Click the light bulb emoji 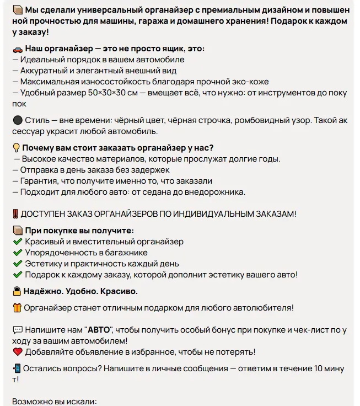(x=17, y=148)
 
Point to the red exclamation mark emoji (x=16, y=214)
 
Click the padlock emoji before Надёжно (x=17, y=291)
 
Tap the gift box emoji (x=17, y=308)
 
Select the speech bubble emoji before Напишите (x=17, y=330)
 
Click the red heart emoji (x=17, y=352)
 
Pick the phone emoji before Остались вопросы (x=17, y=368)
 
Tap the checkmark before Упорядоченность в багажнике (x=17, y=253)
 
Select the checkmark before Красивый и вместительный (x=17, y=242)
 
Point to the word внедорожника (x=216, y=192)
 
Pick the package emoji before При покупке (x=17, y=231)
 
